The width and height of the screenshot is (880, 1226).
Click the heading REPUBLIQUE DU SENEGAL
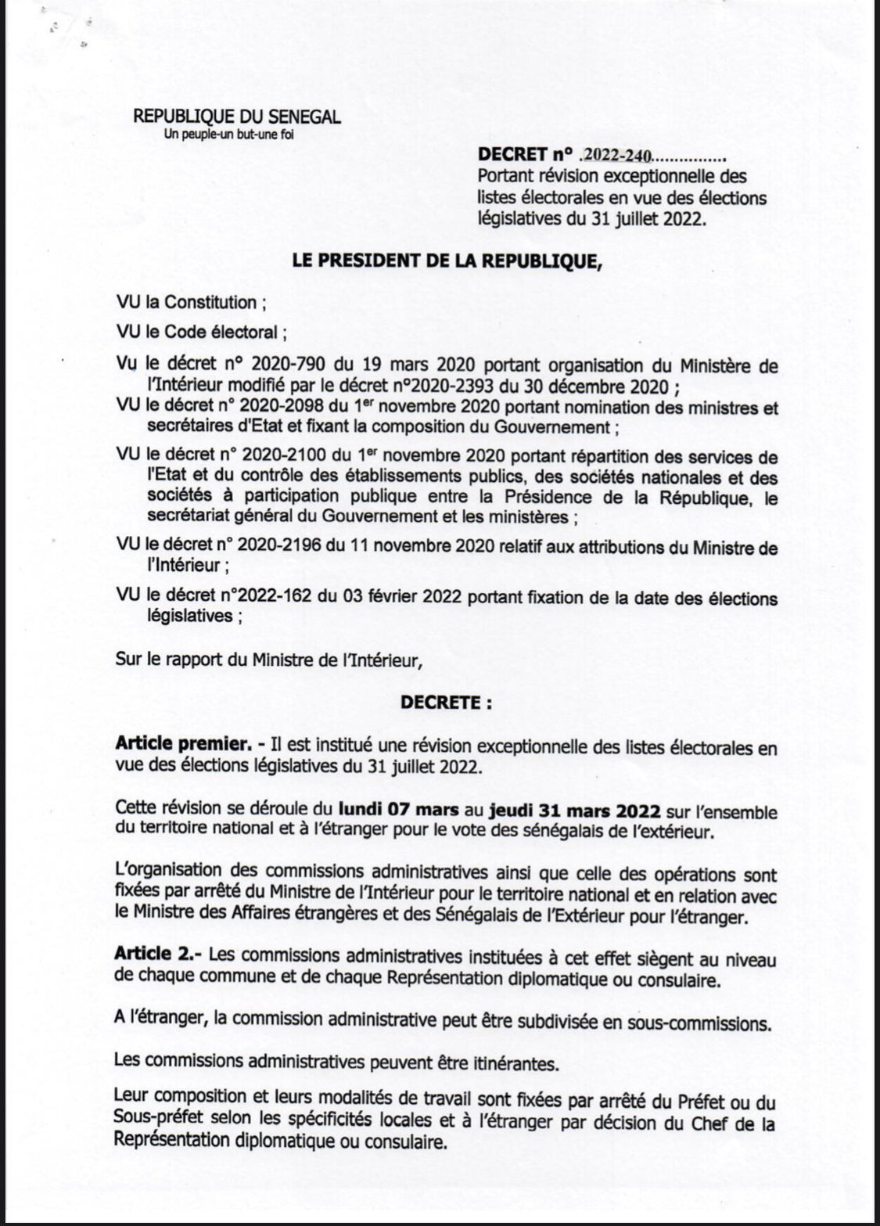pyautogui.click(x=237, y=117)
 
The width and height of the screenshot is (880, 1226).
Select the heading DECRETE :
pyautogui.click(x=447, y=703)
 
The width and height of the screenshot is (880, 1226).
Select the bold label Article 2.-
pyautogui.click(x=158, y=954)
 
